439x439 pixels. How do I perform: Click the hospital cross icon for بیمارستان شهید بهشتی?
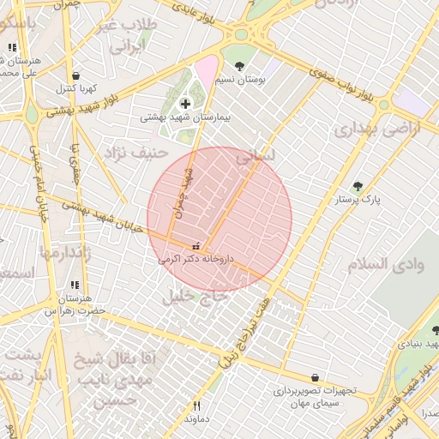185,104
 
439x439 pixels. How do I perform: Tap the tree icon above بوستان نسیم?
239,66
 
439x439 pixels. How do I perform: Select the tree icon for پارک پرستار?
358,186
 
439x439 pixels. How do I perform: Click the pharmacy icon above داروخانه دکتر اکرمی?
199,246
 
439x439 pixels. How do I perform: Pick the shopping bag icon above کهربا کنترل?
78,75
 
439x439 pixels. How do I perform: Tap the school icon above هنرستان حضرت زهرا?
75,286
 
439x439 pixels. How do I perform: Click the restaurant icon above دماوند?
196,406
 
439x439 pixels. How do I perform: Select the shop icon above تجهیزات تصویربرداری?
316,377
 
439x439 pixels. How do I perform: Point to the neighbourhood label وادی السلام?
386,265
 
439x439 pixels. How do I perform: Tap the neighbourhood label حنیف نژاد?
134,153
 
